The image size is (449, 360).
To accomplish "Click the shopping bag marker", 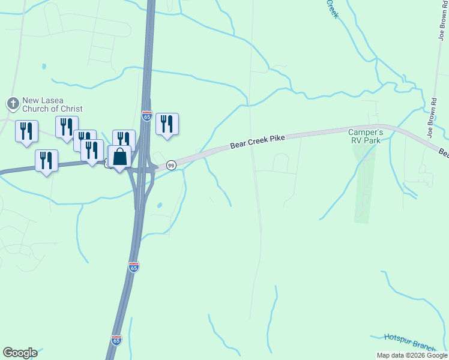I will click(x=120, y=157).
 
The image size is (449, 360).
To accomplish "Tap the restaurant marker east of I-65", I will click(x=167, y=124).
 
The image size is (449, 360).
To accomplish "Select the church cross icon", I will click(x=13, y=104).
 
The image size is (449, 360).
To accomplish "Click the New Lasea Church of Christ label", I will click(x=52, y=104).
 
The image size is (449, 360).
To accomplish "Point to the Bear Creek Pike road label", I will click(x=258, y=142).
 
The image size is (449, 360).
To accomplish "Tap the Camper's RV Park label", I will click(x=367, y=136).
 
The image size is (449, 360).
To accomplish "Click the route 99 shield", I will click(x=171, y=165).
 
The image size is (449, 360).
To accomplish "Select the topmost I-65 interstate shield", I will click(x=147, y=116).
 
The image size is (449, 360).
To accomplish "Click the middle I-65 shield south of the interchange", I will click(x=134, y=266).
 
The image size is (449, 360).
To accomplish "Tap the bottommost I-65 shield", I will click(x=116, y=340).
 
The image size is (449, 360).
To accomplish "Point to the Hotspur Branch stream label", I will click(x=409, y=342).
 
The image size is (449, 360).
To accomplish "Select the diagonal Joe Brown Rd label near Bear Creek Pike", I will click(x=432, y=117).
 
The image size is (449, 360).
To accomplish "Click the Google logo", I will click(x=20, y=353).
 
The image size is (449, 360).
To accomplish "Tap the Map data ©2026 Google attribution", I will click(x=412, y=355).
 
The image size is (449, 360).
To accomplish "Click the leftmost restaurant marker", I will click(x=26, y=131).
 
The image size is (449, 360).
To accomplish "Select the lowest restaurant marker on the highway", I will click(x=46, y=161).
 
